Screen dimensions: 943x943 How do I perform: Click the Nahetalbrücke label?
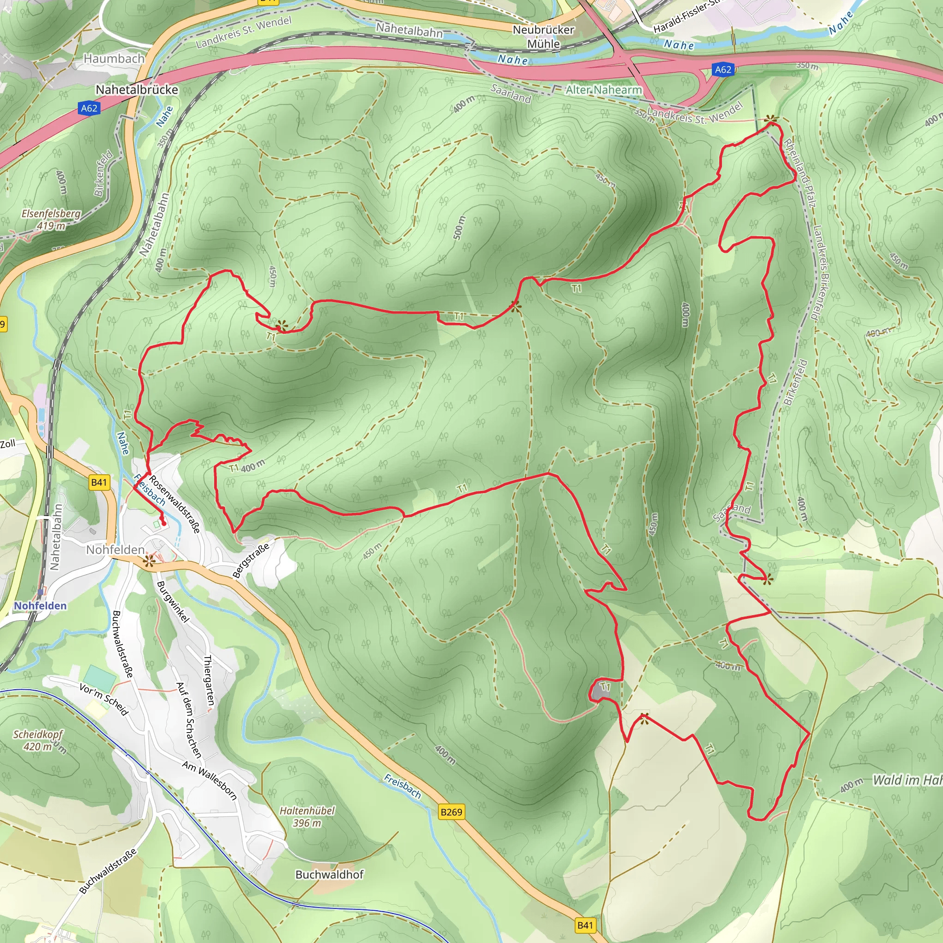coord(137,90)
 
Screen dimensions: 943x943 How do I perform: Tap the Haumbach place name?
coord(114,58)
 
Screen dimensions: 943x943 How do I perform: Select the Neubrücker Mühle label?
coord(543,37)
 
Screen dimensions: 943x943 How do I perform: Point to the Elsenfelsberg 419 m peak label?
coord(51,220)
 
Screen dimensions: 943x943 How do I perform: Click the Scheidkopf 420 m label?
coord(38,740)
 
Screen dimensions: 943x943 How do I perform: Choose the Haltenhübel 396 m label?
coord(307,816)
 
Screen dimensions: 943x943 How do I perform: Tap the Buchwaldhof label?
coord(330,874)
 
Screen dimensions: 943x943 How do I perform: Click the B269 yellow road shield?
coord(451,812)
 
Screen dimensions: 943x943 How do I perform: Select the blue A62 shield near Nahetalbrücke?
coord(89,108)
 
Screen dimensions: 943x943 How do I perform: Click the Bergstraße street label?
coord(250,561)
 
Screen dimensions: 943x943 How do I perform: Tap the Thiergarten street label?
coord(209,681)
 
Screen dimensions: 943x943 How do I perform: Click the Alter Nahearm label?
coord(603,90)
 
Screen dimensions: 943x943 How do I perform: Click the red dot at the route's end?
coord(164,524)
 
